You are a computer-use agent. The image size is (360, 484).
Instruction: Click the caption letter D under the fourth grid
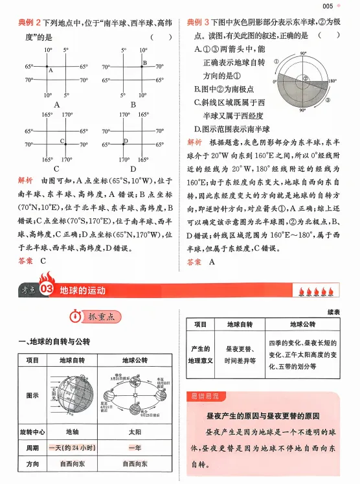134,168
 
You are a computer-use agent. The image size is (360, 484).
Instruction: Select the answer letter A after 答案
211,262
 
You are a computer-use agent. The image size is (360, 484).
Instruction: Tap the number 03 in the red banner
45,290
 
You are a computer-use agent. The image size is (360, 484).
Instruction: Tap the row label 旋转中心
32,430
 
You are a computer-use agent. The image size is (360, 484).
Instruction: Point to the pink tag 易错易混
205,396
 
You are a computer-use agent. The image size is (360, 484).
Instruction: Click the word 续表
334,312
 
